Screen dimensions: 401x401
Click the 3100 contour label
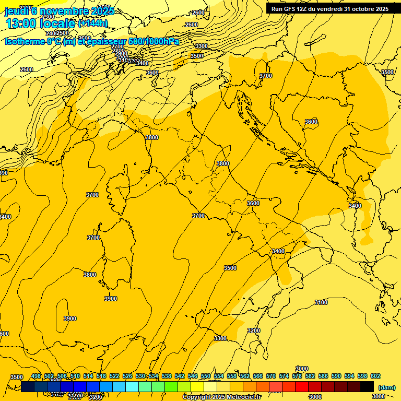(x=321, y=302)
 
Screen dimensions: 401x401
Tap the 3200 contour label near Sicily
(x=254, y=331)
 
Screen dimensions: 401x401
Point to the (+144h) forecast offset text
(x=92, y=23)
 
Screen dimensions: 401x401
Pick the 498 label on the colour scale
(x=36, y=376)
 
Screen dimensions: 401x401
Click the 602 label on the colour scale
(x=375, y=376)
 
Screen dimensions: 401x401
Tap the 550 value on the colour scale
(x=206, y=376)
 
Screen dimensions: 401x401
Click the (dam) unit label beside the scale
(x=386, y=387)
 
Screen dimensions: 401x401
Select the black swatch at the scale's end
(x=367, y=386)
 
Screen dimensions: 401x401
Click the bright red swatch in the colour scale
(x=302, y=386)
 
